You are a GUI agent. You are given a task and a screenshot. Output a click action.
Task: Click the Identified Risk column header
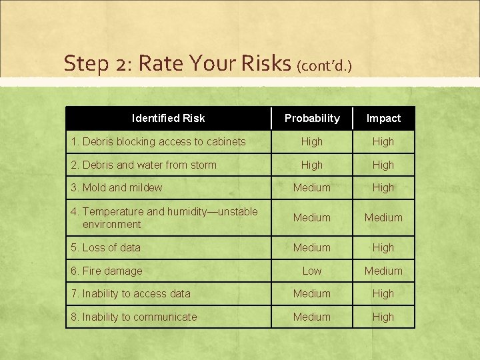(168, 118)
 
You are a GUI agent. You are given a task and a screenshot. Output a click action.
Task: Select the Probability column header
(312, 118)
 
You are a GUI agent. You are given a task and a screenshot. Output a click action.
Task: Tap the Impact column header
(383, 118)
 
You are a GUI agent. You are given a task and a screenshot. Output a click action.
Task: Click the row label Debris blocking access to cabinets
(158, 141)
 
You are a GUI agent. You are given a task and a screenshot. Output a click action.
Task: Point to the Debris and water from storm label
(143, 165)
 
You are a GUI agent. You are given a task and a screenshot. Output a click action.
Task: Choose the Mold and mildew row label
(117, 187)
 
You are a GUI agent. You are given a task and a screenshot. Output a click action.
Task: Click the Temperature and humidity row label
(164, 217)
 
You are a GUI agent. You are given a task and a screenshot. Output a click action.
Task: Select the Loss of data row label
(106, 247)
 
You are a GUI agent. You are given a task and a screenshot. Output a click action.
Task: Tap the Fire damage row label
(107, 271)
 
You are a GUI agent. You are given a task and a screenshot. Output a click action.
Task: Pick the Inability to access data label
(131, 293)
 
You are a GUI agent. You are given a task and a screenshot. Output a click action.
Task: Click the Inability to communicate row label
(134, 317)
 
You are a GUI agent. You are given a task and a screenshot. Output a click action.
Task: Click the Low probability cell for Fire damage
(312, 271)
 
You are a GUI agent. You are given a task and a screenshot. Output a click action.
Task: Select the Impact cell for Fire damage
(383, 271)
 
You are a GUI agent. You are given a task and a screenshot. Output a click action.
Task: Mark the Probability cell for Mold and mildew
(312, 187)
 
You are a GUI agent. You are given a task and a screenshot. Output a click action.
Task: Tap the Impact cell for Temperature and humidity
(383, 217)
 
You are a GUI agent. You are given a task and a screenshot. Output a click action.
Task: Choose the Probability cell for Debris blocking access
(312, 141)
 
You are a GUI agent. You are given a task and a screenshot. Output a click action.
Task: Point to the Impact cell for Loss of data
(383, 247)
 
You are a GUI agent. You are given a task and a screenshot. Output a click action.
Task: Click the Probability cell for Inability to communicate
(312, 317)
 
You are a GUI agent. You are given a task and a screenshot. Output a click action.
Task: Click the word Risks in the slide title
(265, 63)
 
